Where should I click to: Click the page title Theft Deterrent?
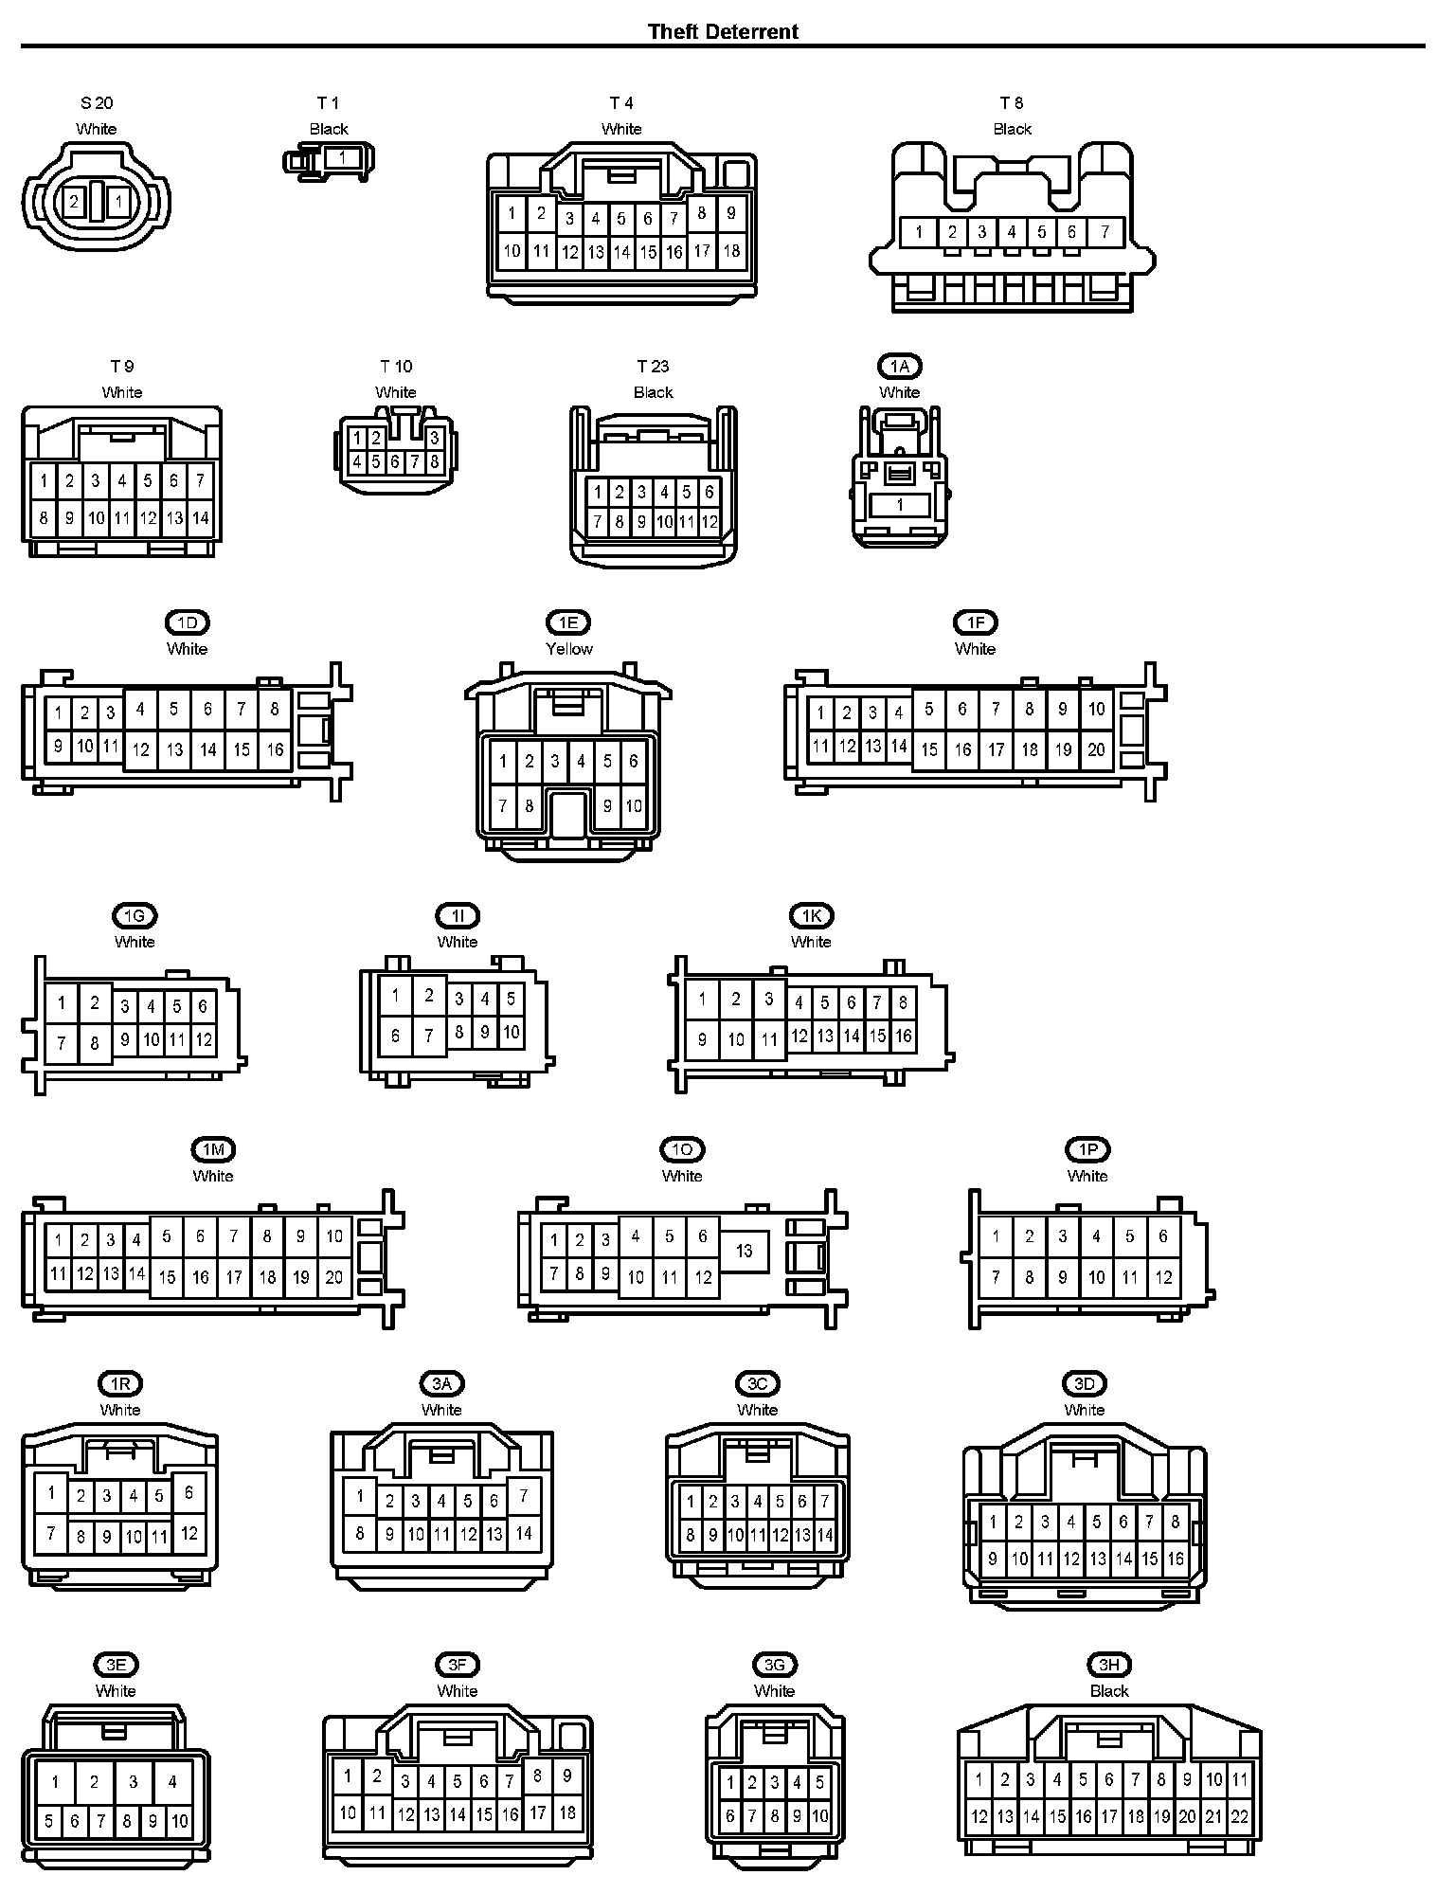click(723, 31)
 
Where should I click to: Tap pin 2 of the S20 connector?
click(74, 201)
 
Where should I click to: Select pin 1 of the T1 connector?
click(342, 158)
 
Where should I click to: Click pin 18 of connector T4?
click(731, 250)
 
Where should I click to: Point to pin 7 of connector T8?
click(1105, 231)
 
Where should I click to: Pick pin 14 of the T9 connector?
click(200, 518)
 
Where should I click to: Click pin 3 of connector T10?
click(434, 438)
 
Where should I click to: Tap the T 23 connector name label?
click(653, 367)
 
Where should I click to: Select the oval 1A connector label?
click(899, 367)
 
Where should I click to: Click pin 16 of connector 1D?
click(275, 749)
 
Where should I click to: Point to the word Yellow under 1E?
click(568, 649)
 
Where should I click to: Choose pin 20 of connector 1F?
click(1096, 749)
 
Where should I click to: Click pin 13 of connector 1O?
click(744, 1251)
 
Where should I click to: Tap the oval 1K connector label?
click(811, 916)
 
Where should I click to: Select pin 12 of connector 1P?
click(1163, 1277)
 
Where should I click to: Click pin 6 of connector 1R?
click(189, 1492)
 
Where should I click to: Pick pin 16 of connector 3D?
click(1175, 1558)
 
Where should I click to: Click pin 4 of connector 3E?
click(172, 1782)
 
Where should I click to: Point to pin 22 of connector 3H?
click(1239, 1817)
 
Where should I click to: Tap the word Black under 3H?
click(1109, 1691)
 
